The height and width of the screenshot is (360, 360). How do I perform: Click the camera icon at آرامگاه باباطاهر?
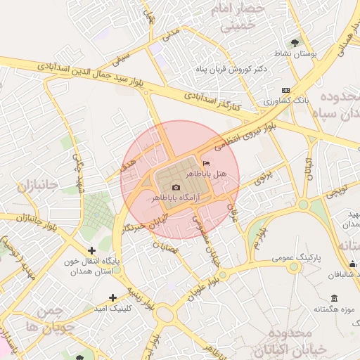tap(176, 187)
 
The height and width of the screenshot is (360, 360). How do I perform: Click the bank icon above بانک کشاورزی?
tap(285, 90)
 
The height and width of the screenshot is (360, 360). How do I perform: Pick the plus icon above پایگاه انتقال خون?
tap(91, 250)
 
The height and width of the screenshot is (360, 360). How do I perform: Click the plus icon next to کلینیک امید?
tap(113, 297)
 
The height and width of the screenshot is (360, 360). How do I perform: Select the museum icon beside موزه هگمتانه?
tap(333, 297)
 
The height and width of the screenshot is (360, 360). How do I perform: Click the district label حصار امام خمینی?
tap(242, 18)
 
